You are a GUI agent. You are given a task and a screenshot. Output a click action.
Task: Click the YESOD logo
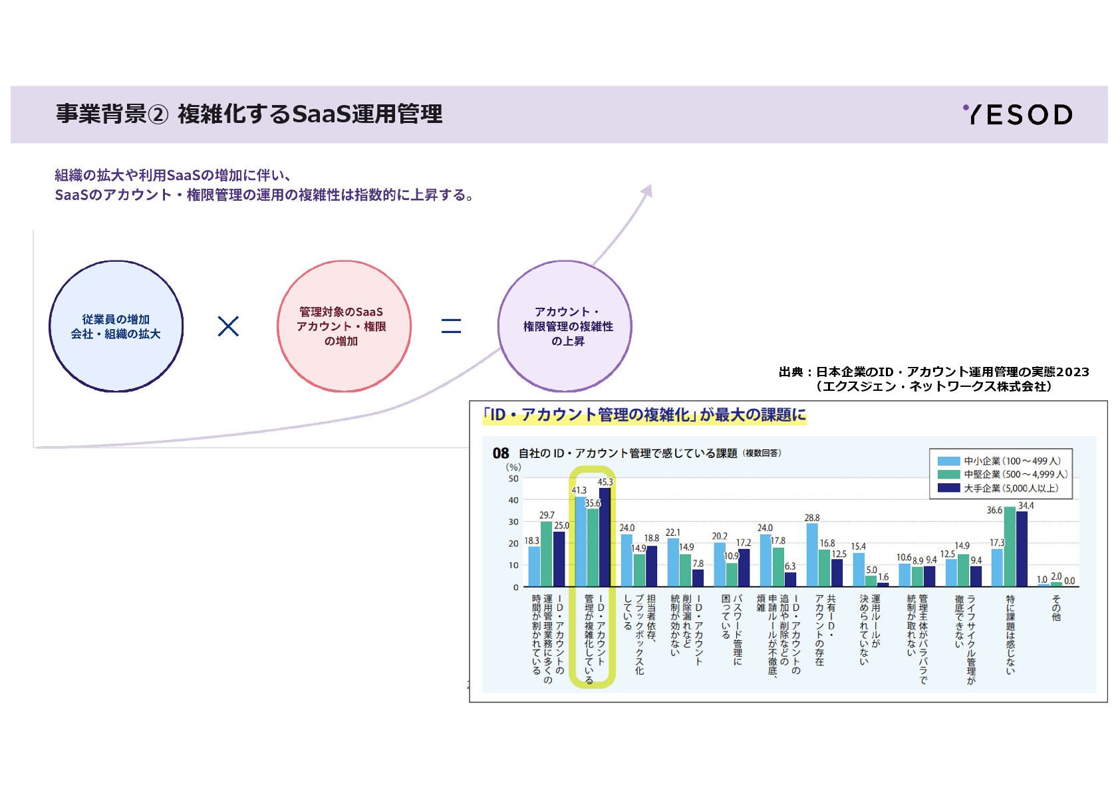(1018, 114)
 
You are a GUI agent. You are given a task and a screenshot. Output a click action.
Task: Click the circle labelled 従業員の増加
(116, 326)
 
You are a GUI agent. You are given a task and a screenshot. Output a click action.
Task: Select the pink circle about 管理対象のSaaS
(343, 326)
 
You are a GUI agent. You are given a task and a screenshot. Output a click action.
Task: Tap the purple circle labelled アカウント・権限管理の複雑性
(565, 326)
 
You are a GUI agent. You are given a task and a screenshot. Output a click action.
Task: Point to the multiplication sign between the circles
(228, 326)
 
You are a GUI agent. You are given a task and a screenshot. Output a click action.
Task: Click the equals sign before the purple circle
(451, 326)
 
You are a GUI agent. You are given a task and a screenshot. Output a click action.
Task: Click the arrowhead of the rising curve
(647, 191)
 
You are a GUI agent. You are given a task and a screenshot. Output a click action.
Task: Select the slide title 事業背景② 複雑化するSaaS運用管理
(249, 114)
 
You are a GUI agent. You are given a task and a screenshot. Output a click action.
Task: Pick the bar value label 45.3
(605, 482)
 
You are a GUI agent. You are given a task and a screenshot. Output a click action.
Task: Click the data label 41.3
(579, 491)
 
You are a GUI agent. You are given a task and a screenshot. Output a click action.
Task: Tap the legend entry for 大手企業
(1010, 488)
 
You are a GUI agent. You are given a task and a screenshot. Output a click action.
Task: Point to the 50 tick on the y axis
(513, 479)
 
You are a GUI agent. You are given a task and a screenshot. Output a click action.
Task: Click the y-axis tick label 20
(513, 543)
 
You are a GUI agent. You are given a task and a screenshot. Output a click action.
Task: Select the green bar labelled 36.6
(1010, 546)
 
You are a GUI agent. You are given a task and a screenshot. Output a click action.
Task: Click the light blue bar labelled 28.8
(811, 555)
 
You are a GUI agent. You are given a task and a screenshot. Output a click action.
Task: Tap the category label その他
(1055, 608)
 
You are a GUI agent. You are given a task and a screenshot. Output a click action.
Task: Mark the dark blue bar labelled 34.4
(1022, 549)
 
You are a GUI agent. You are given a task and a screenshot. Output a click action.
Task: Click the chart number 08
(500, 453)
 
